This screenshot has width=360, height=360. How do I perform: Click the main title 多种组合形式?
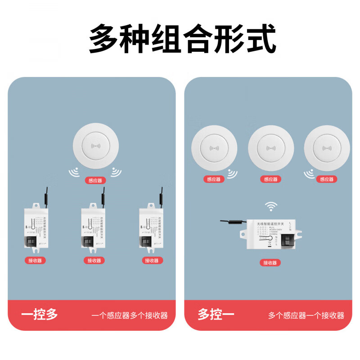182,40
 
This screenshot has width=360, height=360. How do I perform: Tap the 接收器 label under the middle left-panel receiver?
94,261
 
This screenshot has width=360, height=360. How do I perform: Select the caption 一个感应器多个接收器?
130,315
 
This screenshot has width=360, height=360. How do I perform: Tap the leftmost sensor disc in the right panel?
214,148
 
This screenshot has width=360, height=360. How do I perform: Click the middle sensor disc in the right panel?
270,148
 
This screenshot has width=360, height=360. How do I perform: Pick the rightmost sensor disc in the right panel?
326,148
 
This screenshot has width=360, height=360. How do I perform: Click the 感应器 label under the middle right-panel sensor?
270,179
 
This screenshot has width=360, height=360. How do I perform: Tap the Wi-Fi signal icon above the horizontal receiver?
270,206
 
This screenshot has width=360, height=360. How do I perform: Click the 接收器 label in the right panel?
270,263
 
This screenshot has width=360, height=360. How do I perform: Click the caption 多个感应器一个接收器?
306,315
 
